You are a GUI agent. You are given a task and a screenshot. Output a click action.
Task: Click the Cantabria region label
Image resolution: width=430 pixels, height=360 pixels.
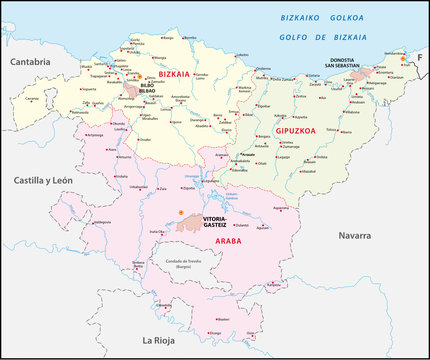click(x=30, y=62)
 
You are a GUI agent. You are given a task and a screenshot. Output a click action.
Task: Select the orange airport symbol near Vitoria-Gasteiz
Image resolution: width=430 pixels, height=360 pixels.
click(x=180, y=213)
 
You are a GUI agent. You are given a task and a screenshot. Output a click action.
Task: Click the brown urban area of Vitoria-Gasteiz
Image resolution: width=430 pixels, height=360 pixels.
click(x=190, y=225)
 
